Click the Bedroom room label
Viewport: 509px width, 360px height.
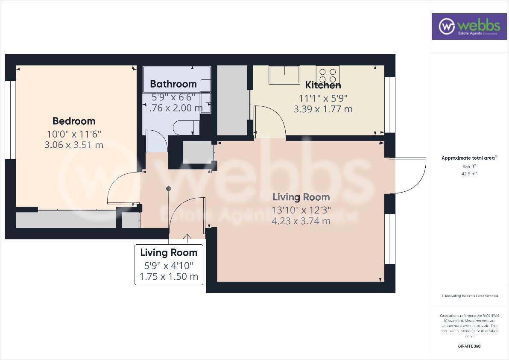pyautogui.click(x=74, y=121)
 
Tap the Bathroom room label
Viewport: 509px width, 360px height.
pyautogui.click(x=173, y=84)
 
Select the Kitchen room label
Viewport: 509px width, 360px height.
pyautogui.click(x=323, y=85)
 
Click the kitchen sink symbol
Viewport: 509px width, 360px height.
pyautogui.click(x=284, y=75)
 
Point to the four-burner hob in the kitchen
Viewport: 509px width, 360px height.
pyautogui.click(x=328, y=76)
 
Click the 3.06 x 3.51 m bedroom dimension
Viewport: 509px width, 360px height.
pyautogui.click(x=74, y=145)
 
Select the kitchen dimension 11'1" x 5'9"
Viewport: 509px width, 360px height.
pyautogui.click(x=323, y=97)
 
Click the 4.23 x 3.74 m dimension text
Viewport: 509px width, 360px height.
pyautogui.click(x=301, y=221)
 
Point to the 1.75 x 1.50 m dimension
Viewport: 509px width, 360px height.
pyautogui.click(x=169, y=276)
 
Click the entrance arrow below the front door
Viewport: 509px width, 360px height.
pyautogui.click(x=187, y=238)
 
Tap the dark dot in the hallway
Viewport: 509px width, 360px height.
pyautogui.click(x=169, y=188)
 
